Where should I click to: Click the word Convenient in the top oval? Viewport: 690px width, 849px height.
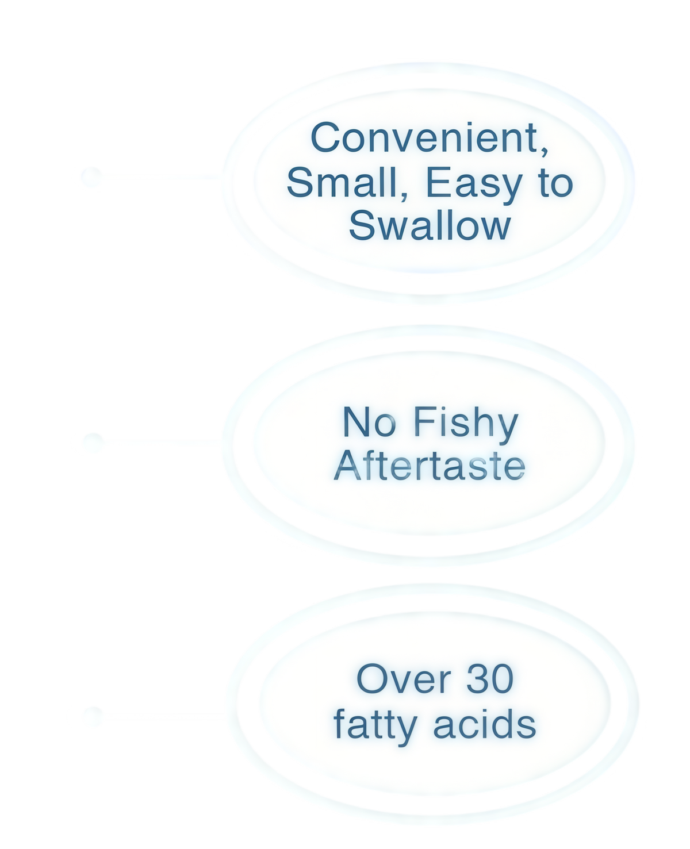coord(424,137)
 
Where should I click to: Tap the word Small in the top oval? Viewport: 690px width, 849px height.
coord(342,182)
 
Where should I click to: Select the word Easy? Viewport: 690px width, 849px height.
coord(474,185)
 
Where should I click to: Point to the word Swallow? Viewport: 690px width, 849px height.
coord(430,225)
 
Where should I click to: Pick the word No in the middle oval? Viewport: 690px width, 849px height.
coord(369,422)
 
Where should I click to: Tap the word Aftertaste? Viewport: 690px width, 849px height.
coord(430,466)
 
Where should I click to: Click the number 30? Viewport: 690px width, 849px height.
coord(489,678)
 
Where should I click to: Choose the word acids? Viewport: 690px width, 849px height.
coord(484,723)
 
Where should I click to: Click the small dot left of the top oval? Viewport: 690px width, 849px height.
coord(91,176)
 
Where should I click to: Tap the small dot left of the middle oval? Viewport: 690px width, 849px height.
coord(94,442)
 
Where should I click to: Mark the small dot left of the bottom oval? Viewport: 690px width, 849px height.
coord(94,716)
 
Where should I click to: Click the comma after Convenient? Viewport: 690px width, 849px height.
coord(544,151)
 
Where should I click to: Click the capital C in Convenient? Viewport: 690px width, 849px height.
coord(325,137)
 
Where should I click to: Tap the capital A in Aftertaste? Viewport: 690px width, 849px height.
coord(348,466)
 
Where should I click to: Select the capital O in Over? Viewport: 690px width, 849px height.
coord(371,678)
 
